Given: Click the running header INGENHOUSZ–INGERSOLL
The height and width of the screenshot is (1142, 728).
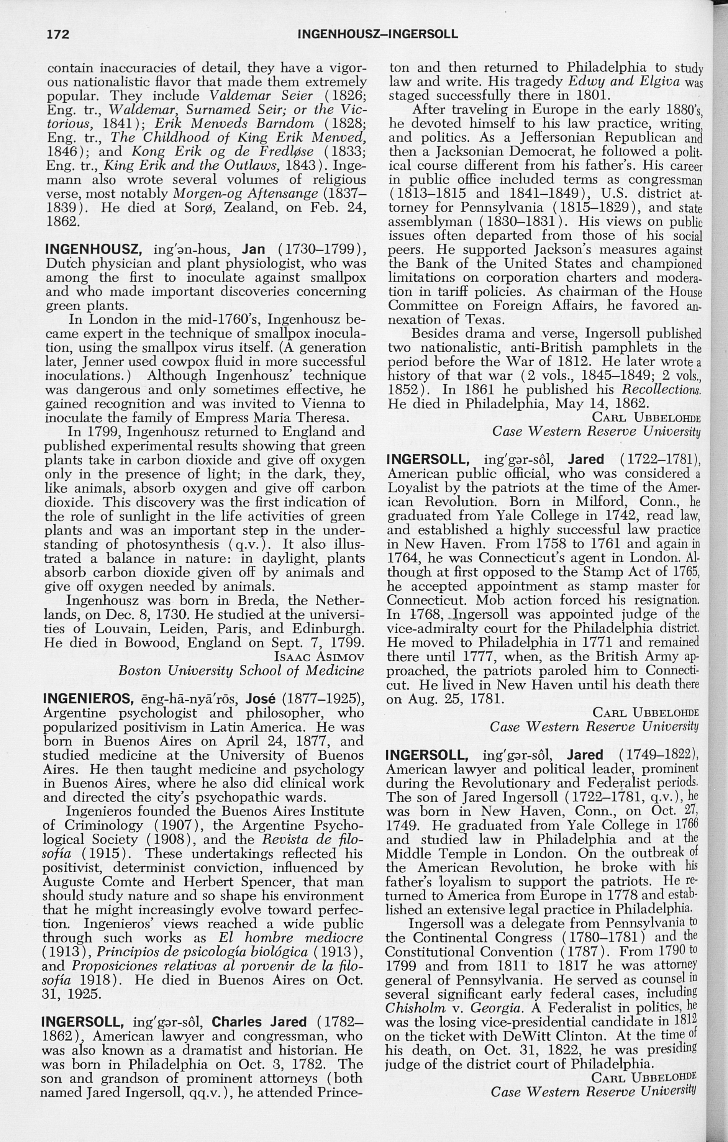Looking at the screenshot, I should click(x=377, y=34).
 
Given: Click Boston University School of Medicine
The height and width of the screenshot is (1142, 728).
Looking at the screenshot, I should click(x=241, y=670).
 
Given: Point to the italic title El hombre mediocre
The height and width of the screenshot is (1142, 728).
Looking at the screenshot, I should click(x=290, y=937).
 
